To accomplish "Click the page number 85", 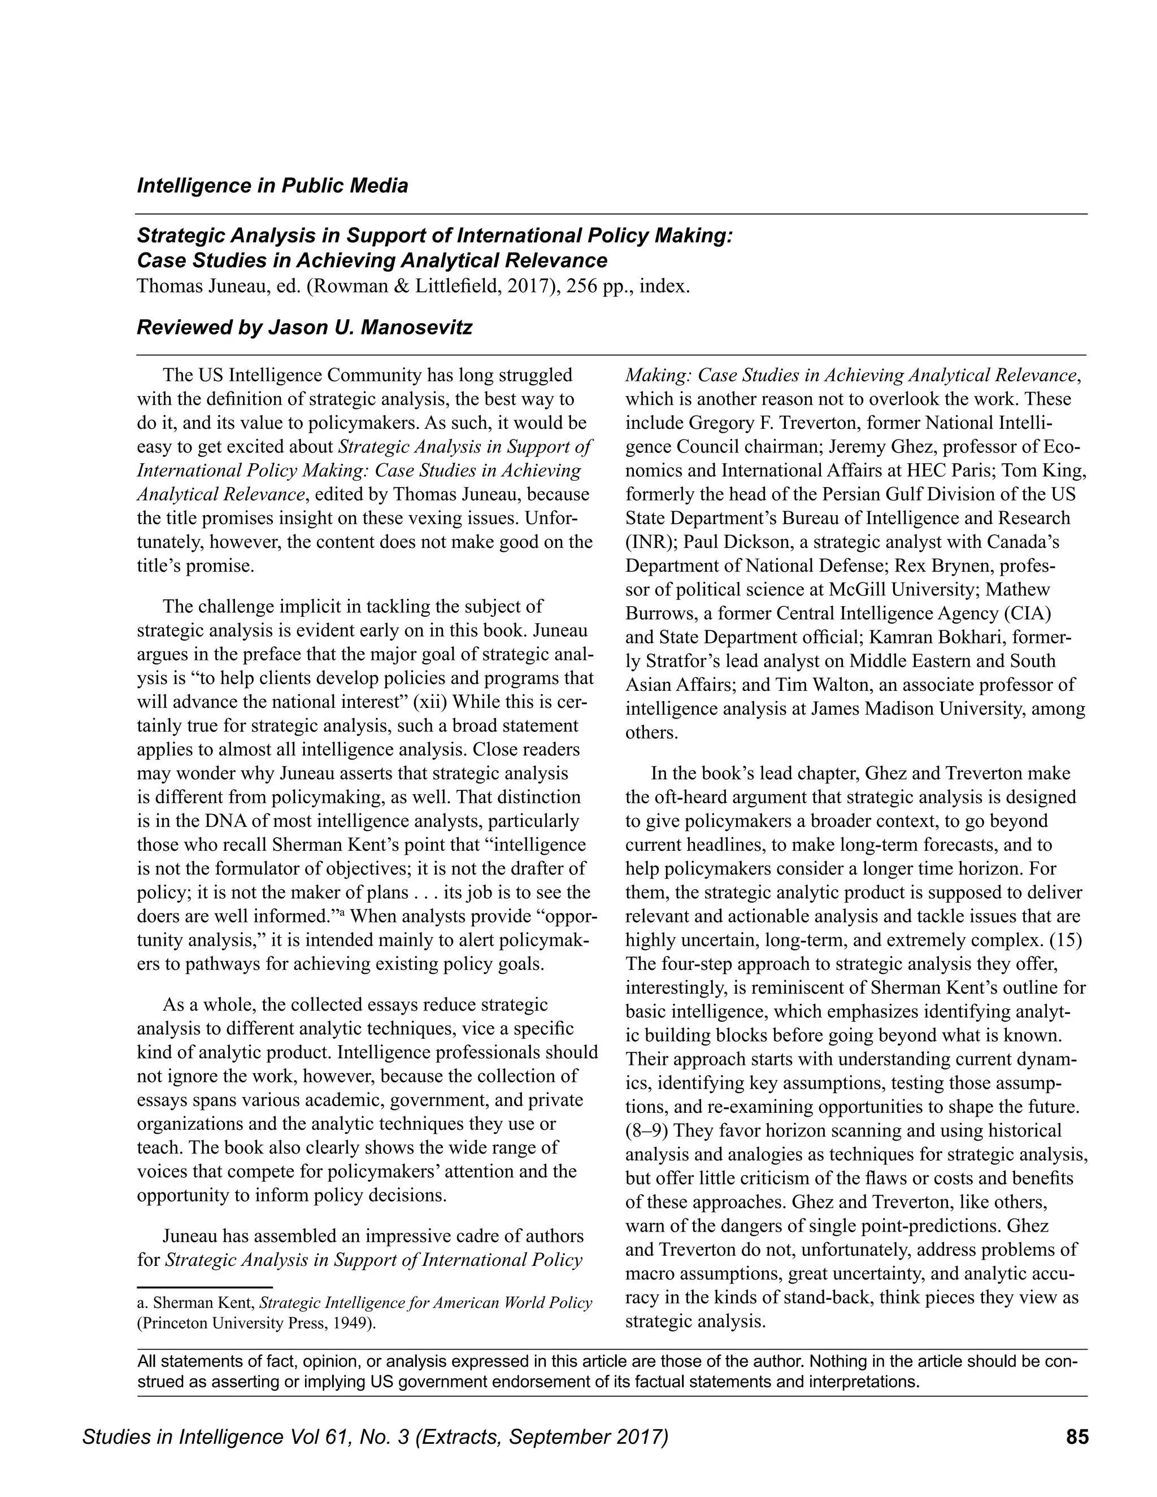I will point(1077,1436).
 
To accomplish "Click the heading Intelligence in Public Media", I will point(272,186).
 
